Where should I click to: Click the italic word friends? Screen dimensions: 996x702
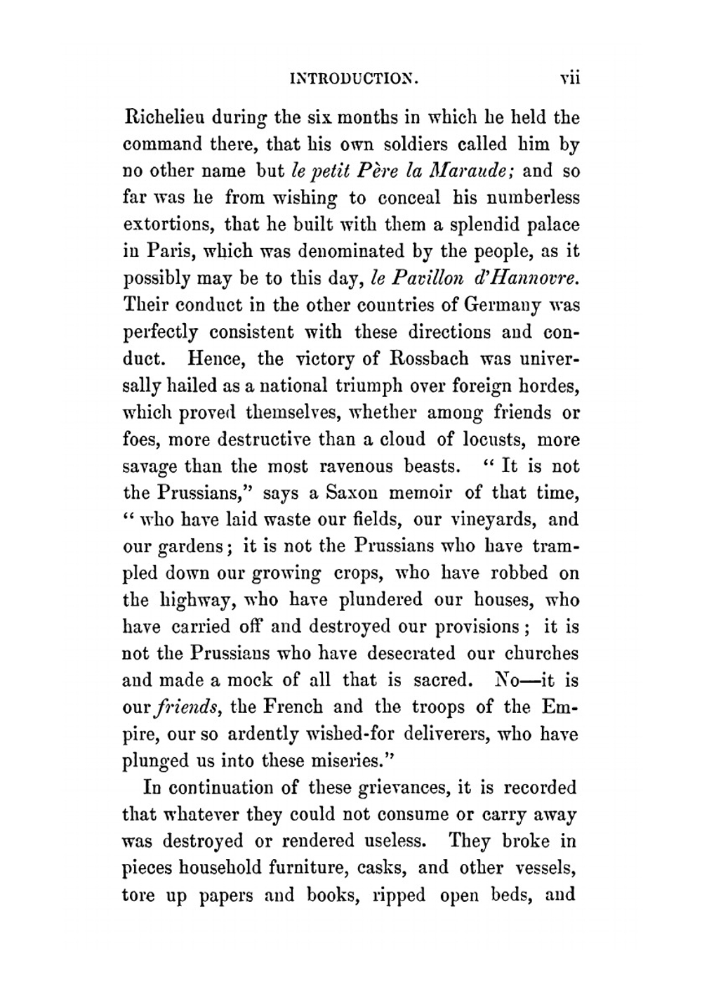pos(185,707)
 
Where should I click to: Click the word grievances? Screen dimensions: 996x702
pos(399,787)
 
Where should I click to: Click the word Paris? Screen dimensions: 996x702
pos(165,251)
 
